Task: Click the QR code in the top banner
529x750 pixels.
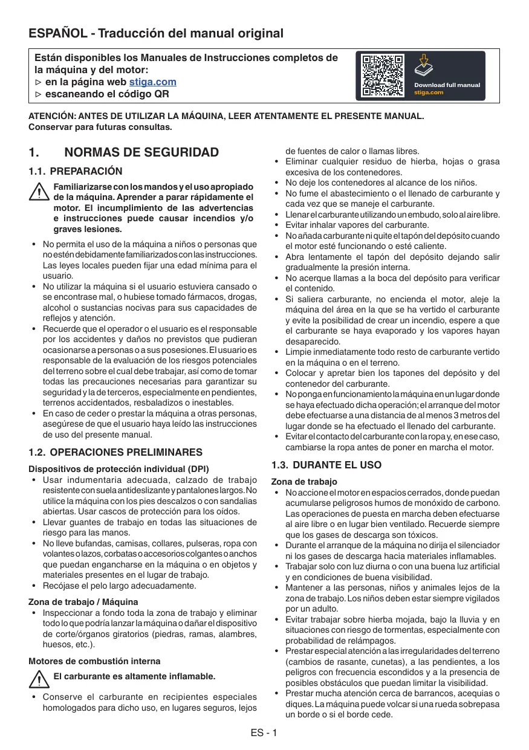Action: tap(383, 76)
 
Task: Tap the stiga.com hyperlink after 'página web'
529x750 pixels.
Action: tap(153, 82)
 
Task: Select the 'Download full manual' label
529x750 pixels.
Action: tap(447, 85)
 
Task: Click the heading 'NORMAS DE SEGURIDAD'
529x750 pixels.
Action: tap(141, 152)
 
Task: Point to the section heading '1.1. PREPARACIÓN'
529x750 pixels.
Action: tap(76, 172)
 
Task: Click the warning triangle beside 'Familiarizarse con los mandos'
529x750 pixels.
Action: tap(39, 192)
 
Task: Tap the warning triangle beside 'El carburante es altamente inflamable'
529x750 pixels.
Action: tap(39, 680)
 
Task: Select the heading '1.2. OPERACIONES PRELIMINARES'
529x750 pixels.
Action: tap(115, 452)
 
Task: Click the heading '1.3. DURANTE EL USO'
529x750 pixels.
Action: tap(326, 465)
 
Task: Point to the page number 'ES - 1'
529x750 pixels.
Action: tap(264, 733)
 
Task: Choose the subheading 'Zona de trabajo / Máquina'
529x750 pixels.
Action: tap(83, 602)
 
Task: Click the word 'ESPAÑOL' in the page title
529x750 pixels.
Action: tap(57, 34)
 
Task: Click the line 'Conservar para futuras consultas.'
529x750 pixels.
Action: tap(100, 127)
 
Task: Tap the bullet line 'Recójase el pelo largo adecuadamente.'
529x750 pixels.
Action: tap(119, 586)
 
